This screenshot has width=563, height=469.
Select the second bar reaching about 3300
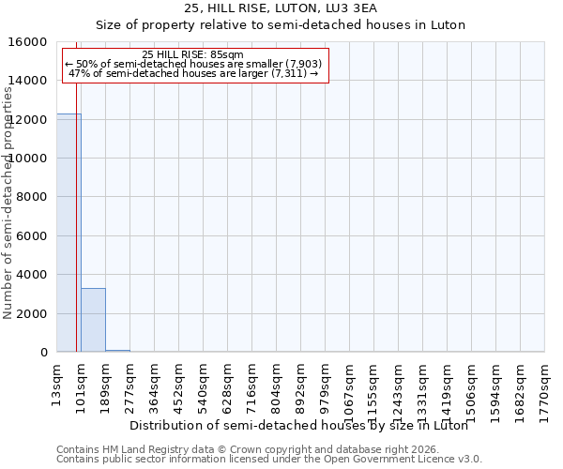[93, 320]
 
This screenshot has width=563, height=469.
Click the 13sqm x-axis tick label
[58, 381]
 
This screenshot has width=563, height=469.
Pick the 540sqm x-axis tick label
[204, 383]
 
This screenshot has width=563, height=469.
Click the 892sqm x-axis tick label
[301, 383]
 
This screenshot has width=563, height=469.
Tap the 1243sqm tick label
[399, 386]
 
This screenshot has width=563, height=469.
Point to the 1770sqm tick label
[544, 386]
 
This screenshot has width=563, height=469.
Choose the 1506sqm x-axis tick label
[472, 386]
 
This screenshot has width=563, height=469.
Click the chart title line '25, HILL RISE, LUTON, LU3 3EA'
[281, 8]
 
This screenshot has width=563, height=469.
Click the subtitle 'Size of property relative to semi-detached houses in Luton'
[281, 25]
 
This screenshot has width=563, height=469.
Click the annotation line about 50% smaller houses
[193, 64]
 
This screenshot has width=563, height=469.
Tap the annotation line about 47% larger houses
[193, 73]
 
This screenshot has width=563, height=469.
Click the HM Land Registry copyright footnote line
[254, 449]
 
